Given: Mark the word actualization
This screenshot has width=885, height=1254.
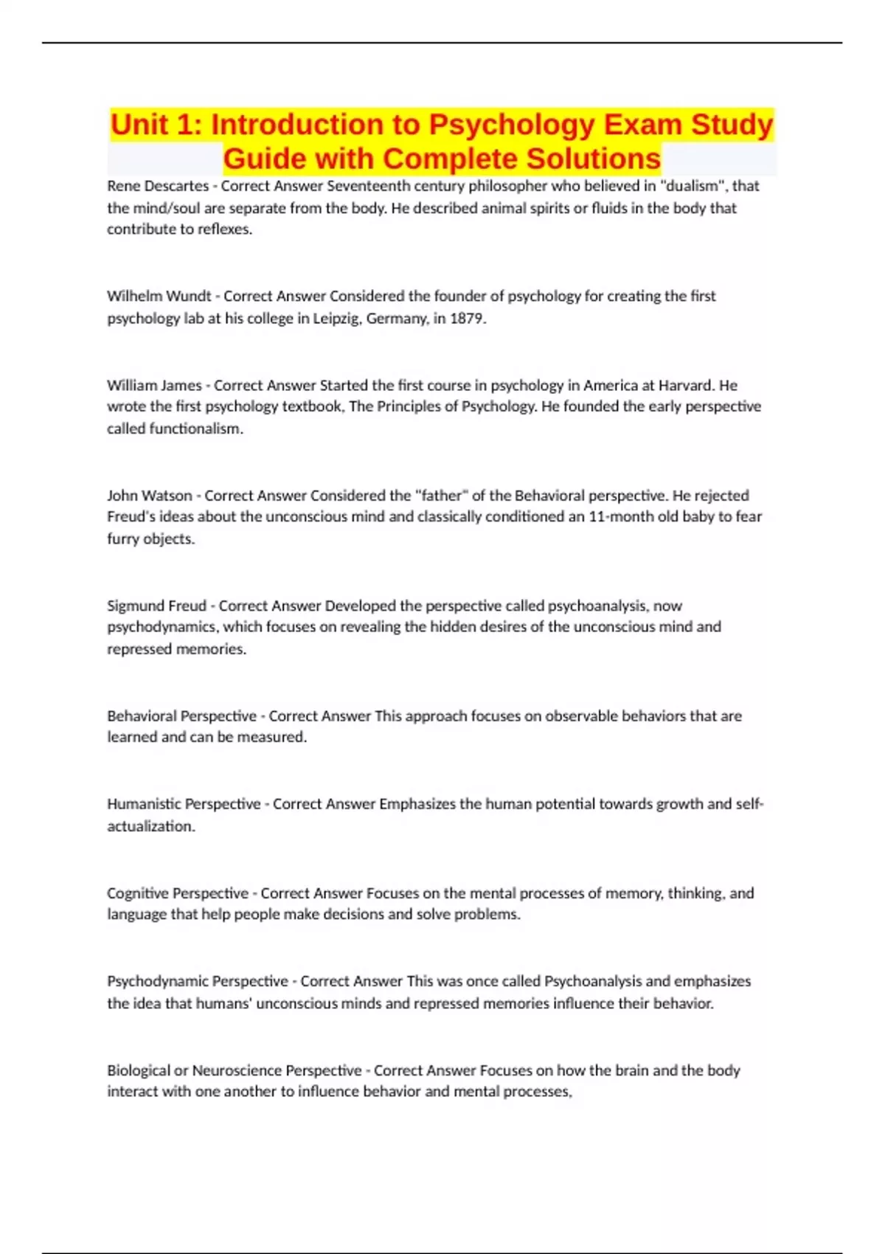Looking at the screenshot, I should click(150, 826).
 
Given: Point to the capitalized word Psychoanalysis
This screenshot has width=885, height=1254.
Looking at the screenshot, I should click(593, 981).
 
